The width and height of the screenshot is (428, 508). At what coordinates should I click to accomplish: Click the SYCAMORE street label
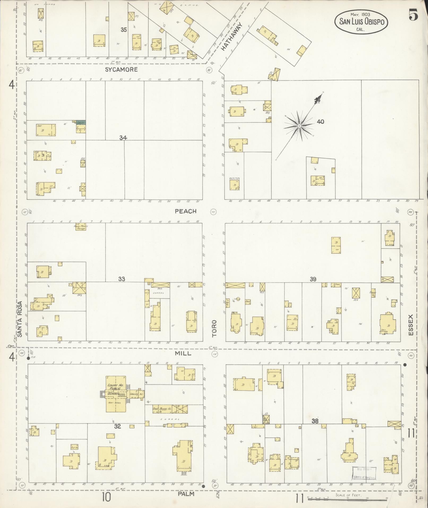click(x=121, y=70)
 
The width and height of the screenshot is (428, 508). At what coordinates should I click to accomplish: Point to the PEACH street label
click(x=186, y=211)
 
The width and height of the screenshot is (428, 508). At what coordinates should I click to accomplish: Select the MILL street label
click(x=183, y=353)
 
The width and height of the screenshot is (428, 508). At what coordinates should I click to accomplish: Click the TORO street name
click(x=214, y=328)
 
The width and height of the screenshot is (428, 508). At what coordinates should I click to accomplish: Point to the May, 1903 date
click(x=360, y=14)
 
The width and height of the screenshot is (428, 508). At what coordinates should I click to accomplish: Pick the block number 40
click(x=320, y=122)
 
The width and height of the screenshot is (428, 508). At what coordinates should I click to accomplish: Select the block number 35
click(x=124, y=30)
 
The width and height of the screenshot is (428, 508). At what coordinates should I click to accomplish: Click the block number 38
click(x=315, y=421)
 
